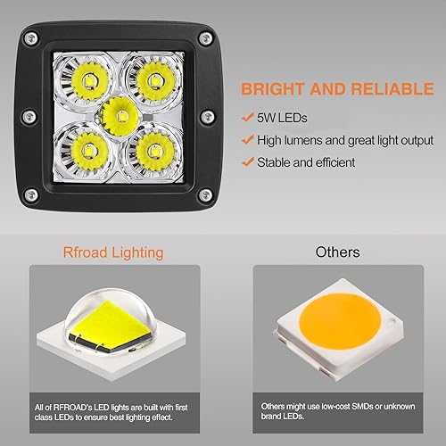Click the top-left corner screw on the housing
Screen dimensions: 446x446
(x=29, y=37)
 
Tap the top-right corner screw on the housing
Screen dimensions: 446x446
(x=206, y=37)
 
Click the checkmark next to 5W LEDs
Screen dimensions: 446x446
(x=245, y=117)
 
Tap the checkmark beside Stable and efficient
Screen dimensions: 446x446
(x=245, y=162)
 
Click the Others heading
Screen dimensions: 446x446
(x=337, y=252)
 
